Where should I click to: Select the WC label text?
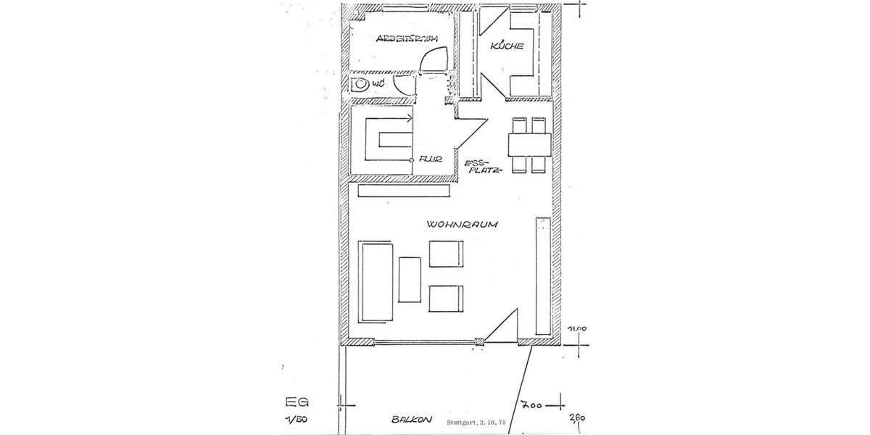[x=378, y=85]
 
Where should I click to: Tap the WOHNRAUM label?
[x=461, y=225]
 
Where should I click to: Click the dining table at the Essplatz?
[x=529, y=144]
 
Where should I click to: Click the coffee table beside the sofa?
[x=410, y=279]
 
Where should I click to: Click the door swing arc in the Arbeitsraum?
[x=434, y=59]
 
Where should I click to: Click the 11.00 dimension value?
[x=577, y=329]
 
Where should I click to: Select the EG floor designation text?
[x=291, y=401]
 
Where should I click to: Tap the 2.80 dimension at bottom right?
[x=578, y=418]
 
